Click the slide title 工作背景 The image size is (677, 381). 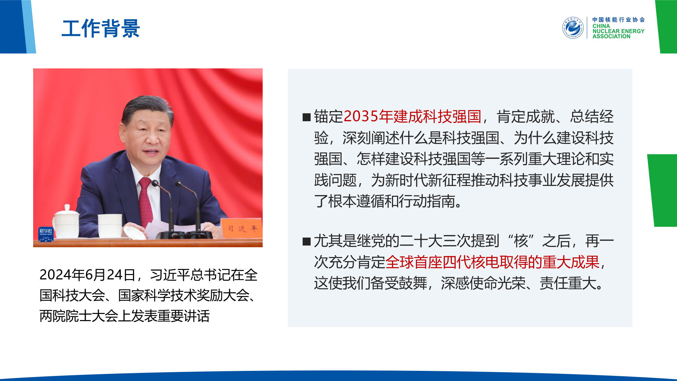pyautogui.click(x=101, y=28)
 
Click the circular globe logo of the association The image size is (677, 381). pyautogui.click(x=573, y=28)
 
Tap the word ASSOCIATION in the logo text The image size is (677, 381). pyautogui.click(x=611, y=36)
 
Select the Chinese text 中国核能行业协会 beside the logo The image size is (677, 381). pyautogui.click(x=618, y=20)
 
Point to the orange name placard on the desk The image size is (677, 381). pyautogui.click(x=241, y=228)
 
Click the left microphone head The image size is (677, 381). pyautogui.click(x=155, y=183)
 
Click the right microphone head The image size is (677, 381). pyautogui.click(x=178, y=184)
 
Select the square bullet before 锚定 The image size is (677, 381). pyautogui.click(x=307, y=117)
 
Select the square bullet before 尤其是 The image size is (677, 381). pyautogui.click(x=307, y=241)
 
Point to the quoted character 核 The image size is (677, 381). pyautogui.click(x=521, y=241)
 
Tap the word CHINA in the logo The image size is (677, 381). pyautogui.click(x=601, y=26)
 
